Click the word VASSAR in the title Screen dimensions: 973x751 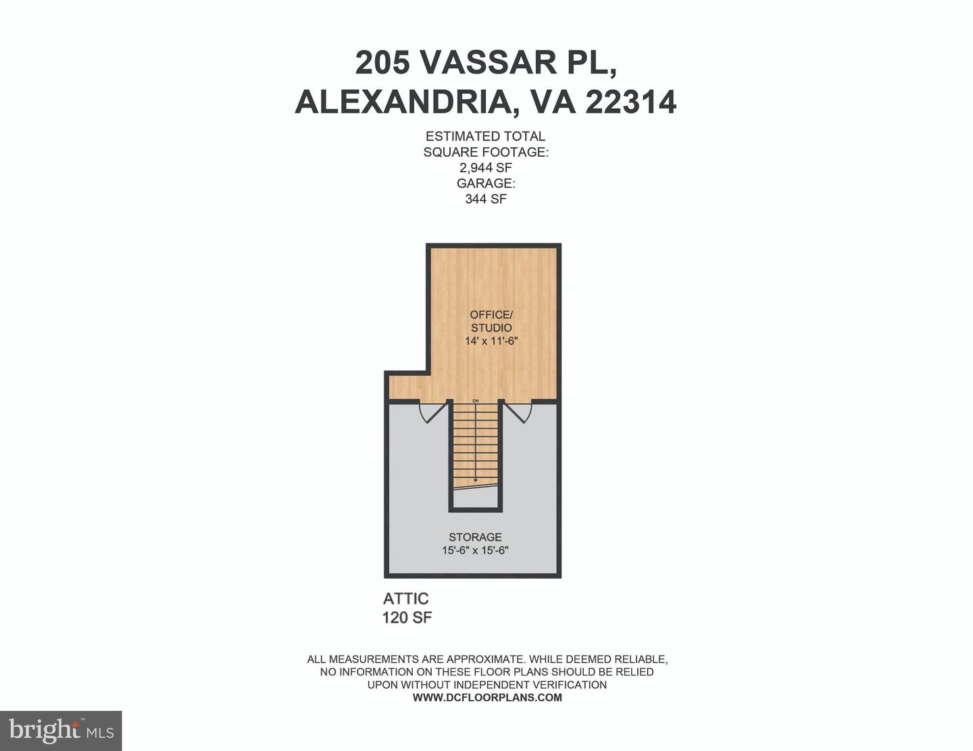(x=483, y=62)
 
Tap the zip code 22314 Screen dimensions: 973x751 (x=631, y=102)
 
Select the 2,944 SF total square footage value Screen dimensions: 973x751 (x=485, y=167)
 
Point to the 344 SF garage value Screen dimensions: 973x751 (x=485, y=199)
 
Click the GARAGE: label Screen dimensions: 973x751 (x=486, y=183)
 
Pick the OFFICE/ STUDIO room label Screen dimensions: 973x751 (x=491, y=321)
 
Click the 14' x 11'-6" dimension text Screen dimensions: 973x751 (x=491, y=340)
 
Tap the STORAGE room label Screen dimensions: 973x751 (x=475, y=537)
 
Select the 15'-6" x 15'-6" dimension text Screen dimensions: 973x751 (x=475, y=550)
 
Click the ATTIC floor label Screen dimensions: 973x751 (x=405, y=598)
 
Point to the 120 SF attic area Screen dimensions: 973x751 (x=407, y=618)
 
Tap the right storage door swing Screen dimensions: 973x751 (x=518, y=412)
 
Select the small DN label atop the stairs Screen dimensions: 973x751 (x=476, y=400)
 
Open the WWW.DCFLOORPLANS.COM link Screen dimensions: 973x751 (x=487, y=697)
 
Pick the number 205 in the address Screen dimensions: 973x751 (x=382, y=62)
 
